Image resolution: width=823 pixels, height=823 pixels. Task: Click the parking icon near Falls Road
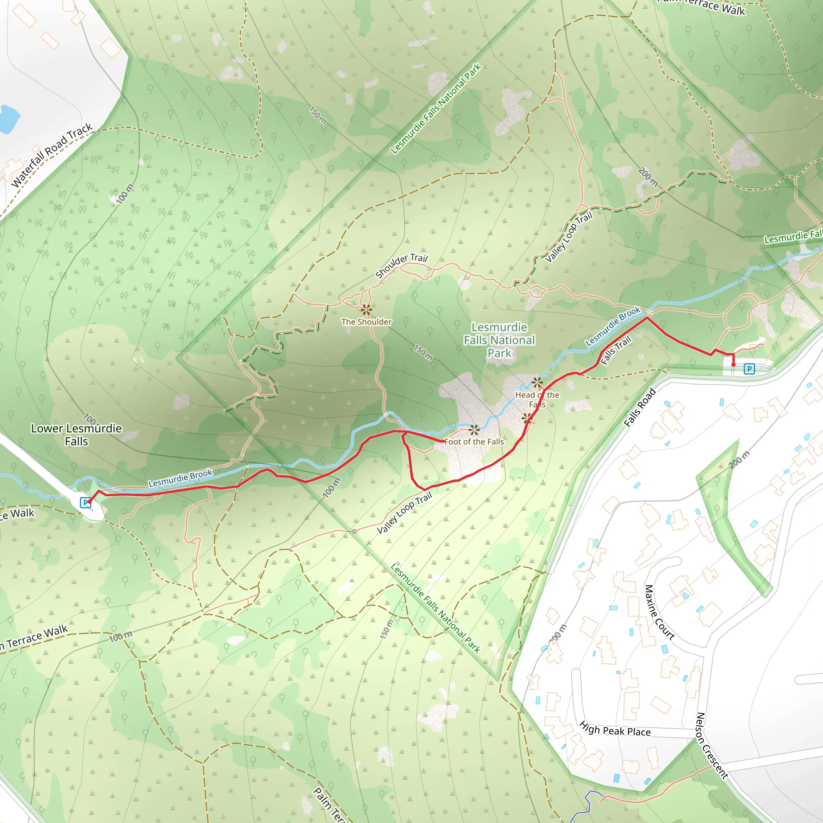pos(749,369)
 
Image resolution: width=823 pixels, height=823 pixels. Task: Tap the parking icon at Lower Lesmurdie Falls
pos(85,503)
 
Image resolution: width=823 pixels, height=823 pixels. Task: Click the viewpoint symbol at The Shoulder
pos(366,310)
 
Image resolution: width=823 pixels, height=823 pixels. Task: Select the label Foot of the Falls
pos(474,442)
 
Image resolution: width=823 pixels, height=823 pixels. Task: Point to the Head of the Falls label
pos(537,399)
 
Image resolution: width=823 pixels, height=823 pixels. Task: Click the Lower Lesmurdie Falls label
pos(76,434)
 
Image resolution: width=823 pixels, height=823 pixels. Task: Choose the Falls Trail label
pos(616,350)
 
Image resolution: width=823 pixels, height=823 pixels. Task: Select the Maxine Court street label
pos(659,612)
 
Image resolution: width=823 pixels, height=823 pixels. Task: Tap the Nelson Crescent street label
pos(711,745)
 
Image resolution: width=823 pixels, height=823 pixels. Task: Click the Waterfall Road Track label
pos(51,155)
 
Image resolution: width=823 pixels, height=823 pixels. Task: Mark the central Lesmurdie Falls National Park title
pos(499,340)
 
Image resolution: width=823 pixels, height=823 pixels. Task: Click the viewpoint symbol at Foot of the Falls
pos(474,429)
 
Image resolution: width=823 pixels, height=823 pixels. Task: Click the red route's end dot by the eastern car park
pos(733,364)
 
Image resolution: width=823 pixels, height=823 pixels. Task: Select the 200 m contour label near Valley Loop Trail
pos(648,177)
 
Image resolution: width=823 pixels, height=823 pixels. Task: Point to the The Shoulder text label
pos(366,322)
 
